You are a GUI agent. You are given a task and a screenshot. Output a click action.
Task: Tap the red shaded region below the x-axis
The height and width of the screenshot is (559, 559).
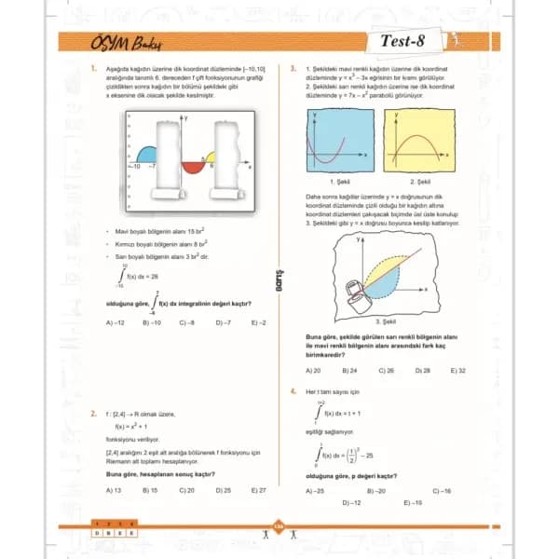(194, 167)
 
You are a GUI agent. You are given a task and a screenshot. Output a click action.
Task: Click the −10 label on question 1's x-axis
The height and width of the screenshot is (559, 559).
(134, 165)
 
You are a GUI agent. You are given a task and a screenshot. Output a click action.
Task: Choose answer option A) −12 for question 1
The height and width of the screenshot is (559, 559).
(116, 322)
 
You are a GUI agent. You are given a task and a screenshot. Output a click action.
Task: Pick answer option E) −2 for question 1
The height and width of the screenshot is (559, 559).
(258, 322)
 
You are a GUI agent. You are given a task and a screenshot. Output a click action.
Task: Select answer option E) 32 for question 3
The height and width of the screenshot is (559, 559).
(457, 370)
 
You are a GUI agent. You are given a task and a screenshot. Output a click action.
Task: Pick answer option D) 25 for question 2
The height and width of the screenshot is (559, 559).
(224, 489)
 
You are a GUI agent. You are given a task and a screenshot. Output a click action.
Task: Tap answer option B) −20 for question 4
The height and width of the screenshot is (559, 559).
(375, 490)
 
